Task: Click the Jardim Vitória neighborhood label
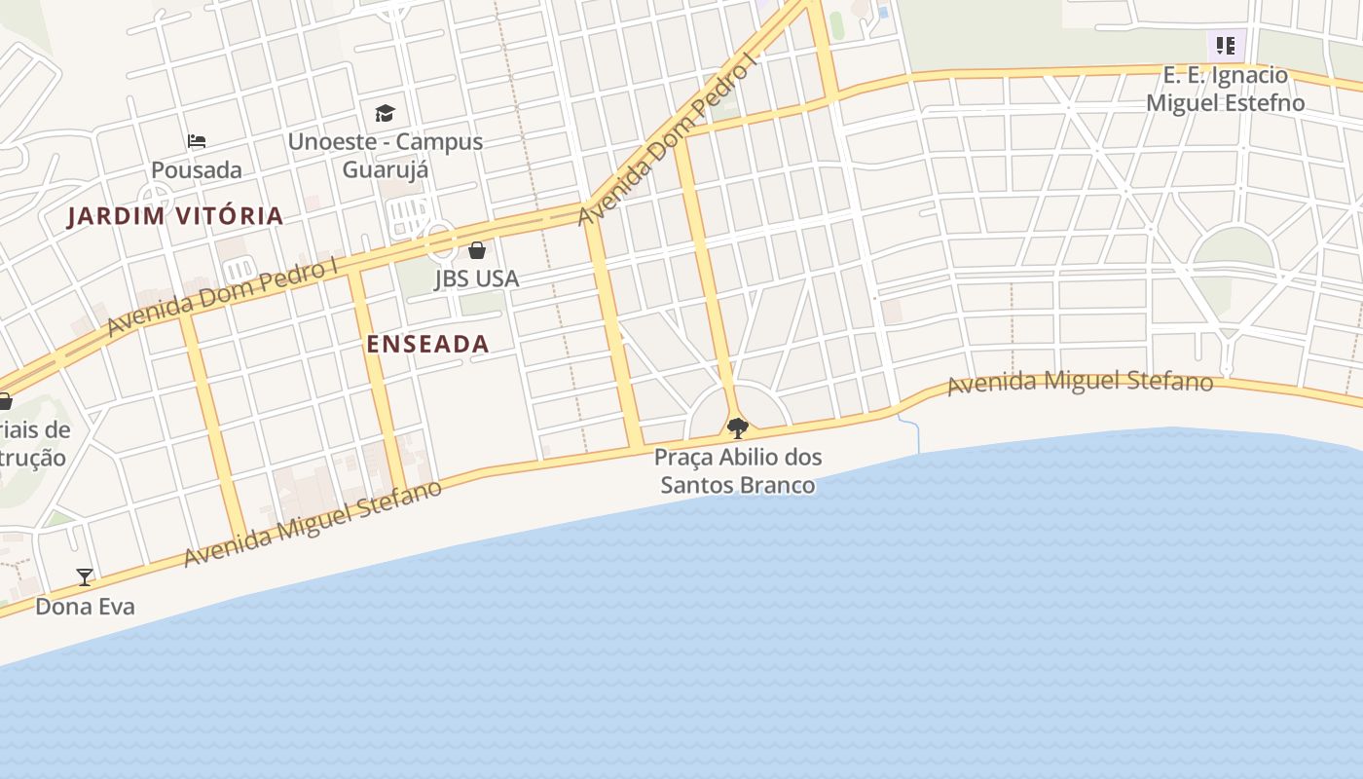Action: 175,216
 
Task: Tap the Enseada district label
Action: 427,344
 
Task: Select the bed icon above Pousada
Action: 197,141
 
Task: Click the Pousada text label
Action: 197,169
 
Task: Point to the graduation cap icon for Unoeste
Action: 386,114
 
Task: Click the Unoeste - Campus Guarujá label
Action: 386,155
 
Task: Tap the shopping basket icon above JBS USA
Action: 476,250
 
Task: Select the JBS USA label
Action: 476,278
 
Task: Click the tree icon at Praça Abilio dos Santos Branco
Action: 738,427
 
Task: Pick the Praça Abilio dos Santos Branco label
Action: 738,470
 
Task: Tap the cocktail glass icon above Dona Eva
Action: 85,576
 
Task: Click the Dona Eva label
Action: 85,607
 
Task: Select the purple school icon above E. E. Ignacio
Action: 1226,45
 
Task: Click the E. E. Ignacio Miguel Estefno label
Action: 1226,89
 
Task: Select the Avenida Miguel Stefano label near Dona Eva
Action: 313,524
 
